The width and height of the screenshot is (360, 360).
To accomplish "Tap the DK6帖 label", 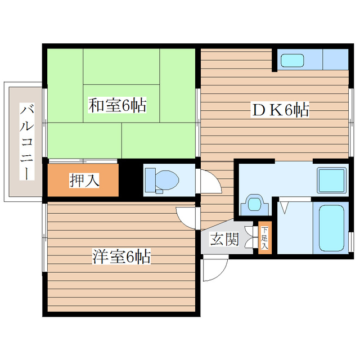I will (x=279, y=111).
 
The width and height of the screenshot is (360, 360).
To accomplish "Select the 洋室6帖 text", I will (x=121, y=257).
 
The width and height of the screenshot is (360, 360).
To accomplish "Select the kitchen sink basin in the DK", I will (x=292, y=60).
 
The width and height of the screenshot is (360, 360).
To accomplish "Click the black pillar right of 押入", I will (x=129, y=179).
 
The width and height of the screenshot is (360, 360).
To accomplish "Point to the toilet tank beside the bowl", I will (x=150, y=180).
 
